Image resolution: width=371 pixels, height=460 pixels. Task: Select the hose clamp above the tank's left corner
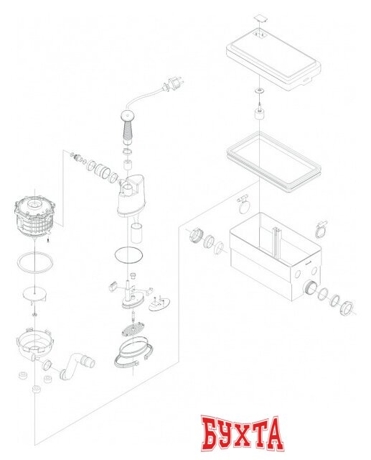(x=242, y=203)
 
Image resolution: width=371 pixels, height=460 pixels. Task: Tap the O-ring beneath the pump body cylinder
(x=128, y=255)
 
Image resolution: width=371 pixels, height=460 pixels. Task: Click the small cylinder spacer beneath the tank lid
(x=257, y=115)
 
